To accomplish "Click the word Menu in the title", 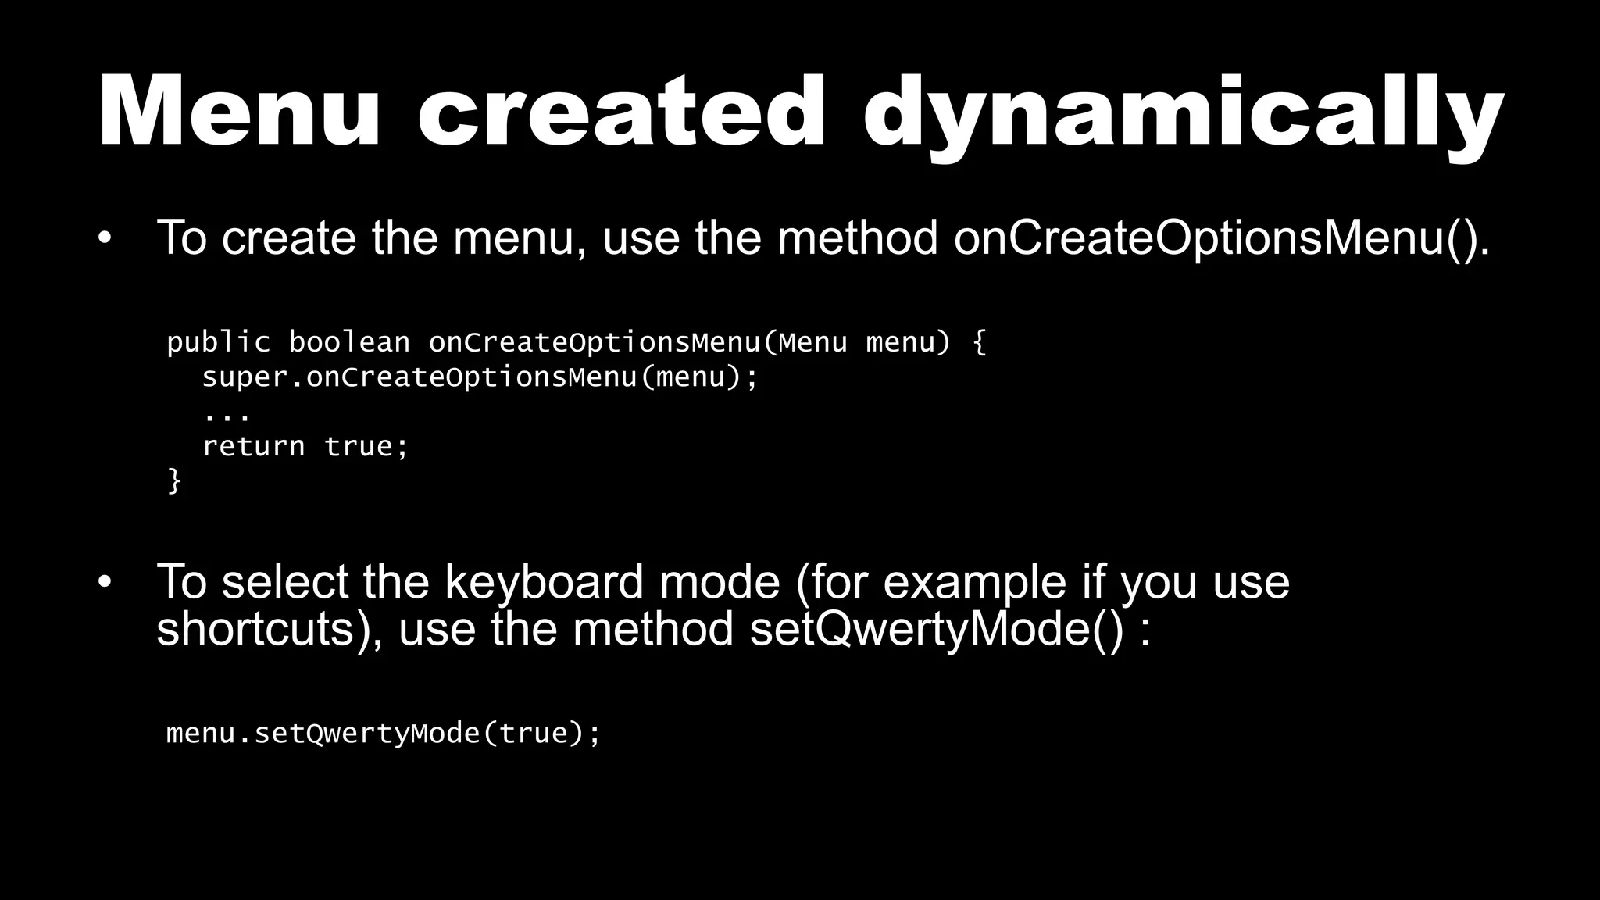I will (x=239, y=111).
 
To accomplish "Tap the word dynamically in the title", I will (x=1184, y=114).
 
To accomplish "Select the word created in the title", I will (x=621, y=111).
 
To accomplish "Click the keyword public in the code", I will (x=218, y=342).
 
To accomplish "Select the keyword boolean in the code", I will (x=349, y=342).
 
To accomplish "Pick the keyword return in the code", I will (x=253, y=446).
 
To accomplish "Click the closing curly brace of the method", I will (x=174, y=480).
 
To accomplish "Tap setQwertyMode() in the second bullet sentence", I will (x=937, y=629).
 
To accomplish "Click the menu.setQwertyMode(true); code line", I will (x=383, y=734).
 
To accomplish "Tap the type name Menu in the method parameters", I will (x=812, y=342).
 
